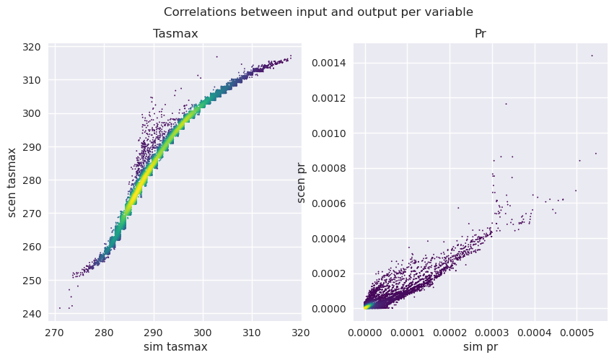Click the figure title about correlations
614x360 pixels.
click(318, 12)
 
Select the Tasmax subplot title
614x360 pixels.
click(175, 34)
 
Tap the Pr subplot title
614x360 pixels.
click(480, 34)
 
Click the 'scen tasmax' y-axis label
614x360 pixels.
click(12, 183)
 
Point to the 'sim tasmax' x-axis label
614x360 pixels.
click(175, 347)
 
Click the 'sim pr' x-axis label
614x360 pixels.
click(480, 347)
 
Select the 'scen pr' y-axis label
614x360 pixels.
click(301, 183)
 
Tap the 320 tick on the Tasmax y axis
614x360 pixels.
click(32, 48)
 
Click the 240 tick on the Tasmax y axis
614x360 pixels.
click(32, 314)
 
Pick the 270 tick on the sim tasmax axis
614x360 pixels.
click(54, 333)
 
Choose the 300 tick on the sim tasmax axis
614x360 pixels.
click(203, 333)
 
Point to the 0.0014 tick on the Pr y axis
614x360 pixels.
click(328, 63)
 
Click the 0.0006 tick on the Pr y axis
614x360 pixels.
click(328, 203)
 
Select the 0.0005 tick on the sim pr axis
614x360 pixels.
click(576, 333)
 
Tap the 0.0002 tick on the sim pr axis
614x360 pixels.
click(449, 333)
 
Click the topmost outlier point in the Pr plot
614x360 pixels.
click(592, 56)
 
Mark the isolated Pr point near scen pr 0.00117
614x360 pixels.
click(506, 104)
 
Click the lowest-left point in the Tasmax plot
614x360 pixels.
click(59, 308)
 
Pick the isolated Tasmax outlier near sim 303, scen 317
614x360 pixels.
click(216, 57)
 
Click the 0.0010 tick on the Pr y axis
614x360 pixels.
click(328, 133)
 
